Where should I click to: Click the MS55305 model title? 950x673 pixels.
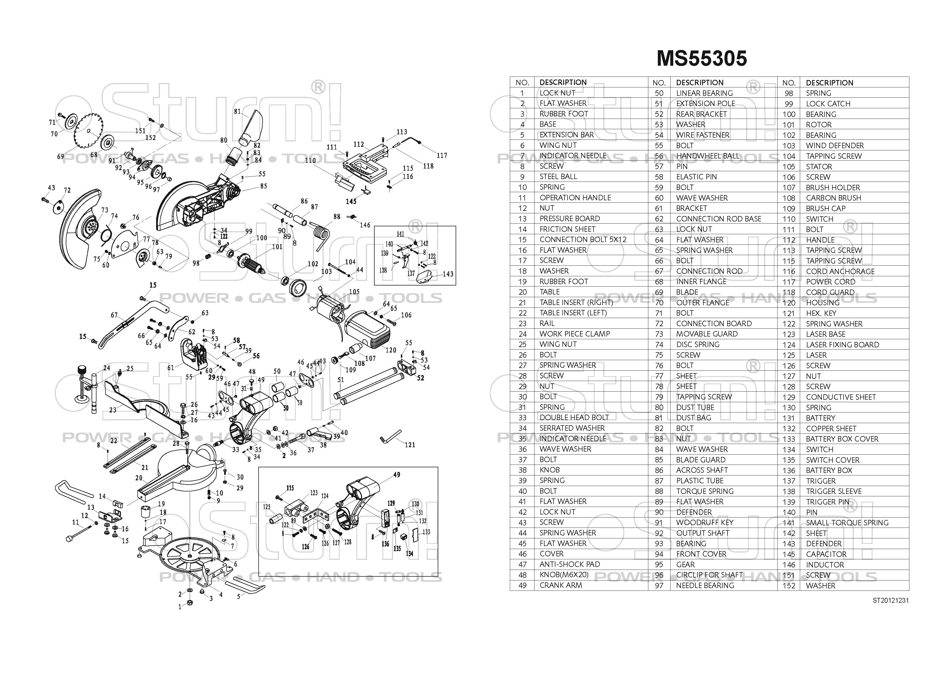(702, 58)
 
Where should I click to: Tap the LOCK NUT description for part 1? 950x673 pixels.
(557, 93)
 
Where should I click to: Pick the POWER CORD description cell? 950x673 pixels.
(830, 281)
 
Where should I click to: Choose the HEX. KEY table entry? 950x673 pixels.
(821, 313)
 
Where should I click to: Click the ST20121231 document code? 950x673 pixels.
(890, 600)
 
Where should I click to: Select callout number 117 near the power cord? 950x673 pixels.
(442, 155)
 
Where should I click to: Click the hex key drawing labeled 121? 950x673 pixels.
(389, 436)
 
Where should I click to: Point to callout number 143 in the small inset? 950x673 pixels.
(448, 274)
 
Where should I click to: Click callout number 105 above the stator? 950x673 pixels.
(354, 292)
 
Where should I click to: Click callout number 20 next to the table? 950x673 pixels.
(139, 478)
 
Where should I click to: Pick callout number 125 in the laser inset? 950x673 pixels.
(267, 507)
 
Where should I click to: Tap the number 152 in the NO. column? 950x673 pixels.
(788, 586)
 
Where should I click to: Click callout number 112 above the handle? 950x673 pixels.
(359, 144)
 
